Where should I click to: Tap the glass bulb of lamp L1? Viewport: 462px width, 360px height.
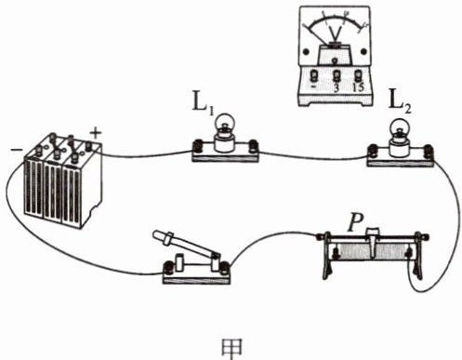[225, 122]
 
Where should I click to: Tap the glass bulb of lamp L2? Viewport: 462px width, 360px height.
[399, 127]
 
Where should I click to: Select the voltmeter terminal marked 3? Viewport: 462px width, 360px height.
[337, 76]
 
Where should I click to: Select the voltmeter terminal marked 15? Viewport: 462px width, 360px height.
[358, 76]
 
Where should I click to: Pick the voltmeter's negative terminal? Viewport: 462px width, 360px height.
[314, 76]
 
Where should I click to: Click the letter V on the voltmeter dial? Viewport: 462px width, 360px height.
[336, 33]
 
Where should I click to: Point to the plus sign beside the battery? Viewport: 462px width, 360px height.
[96, 133]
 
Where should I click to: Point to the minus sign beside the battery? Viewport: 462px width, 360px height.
[17, 150]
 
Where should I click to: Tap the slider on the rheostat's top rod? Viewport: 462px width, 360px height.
[373, 242]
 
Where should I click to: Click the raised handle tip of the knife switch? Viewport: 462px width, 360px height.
[157, 234]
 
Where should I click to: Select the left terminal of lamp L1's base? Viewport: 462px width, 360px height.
[197, 146]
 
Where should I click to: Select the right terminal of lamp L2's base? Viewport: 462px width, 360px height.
[429, 152]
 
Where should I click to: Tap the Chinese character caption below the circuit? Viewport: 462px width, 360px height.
[232, 348]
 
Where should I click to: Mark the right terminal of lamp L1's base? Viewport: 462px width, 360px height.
[254, 146]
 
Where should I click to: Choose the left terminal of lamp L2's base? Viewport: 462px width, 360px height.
[373, 152]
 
